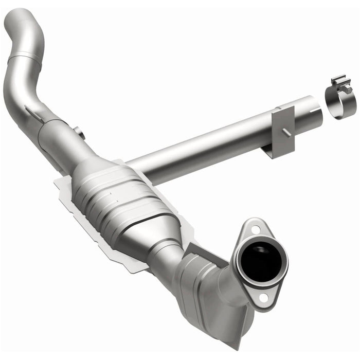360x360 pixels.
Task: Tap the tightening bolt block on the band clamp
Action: (x=340, y=83)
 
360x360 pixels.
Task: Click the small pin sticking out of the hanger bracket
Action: (x=285, y=133)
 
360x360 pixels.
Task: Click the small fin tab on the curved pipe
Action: (x=33, y=114)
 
